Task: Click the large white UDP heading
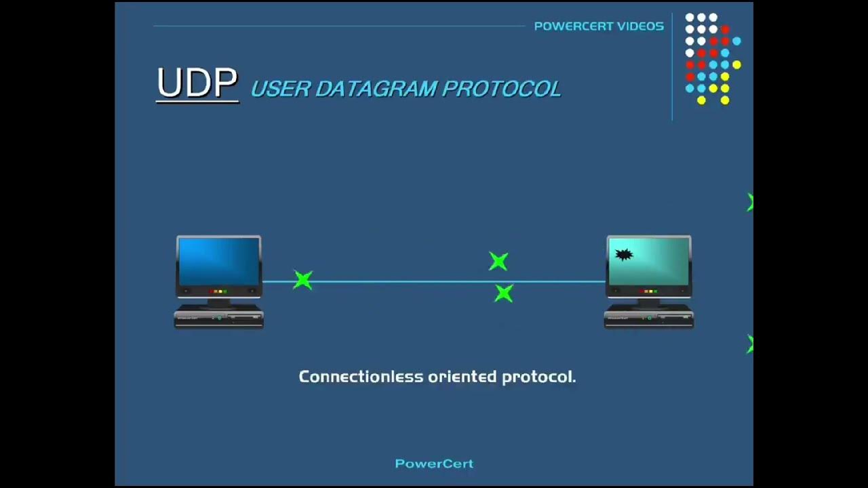coord(197,84)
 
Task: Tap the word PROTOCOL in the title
coord(501,89)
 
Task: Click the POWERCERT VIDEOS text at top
coord(598,26)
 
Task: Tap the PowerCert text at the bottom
coord(434,464)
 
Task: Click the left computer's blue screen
coord(218,261)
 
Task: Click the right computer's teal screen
coord(650,261)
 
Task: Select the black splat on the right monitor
coord(624,255)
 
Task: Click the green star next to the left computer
coord(303,279)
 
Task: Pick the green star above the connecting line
coord(498,261)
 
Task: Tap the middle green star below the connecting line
coord(503,293)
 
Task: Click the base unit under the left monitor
coord(218,318)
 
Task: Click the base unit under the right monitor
coord(649,318)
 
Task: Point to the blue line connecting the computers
coord(407,281)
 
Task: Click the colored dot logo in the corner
coord(712,58)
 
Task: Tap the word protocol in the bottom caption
coord(538,377)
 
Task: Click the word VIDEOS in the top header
coord(640,26)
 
